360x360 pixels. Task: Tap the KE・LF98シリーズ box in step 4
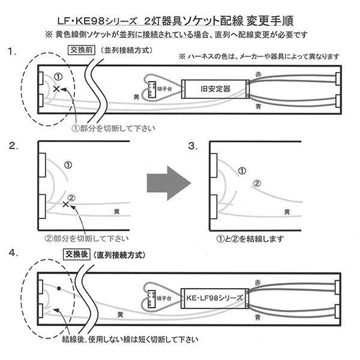(x=214, y=297)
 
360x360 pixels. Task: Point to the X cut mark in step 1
(x=56, y=89)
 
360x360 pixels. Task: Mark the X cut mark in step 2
(x=65, y=205)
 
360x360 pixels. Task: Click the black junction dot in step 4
(x=59, y=289)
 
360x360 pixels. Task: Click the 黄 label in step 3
(x=288, y=212)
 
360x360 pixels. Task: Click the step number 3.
(x=192, y=145)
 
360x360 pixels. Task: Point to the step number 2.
(x=13, y=145)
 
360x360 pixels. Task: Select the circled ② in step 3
(x=256, y=182)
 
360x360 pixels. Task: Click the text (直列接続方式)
(x=122, y=254)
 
